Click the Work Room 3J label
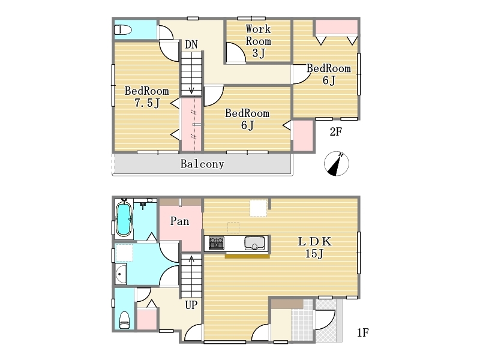[x=259, y=41]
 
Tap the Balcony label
[x=202, y=164]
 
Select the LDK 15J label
[x=314, y=247]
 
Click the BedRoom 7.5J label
[x=147, y=97]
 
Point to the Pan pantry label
[x=179, y=221]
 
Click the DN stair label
[x=191, y=44]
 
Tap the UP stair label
[x=191, y=305]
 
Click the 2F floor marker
[x=335, y=131]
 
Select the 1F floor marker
[x=363, y=332]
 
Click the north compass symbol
[x=337, y=163]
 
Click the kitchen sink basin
[x=254, y=243]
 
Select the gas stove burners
[x=217, y=243]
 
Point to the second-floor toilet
[x=123, y=29]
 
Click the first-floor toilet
[x=124, y=320]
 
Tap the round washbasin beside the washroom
[x=121, y=274]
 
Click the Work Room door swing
[x=236, y=52]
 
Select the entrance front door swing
[x=325, y=320]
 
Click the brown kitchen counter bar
[x=247, y=256]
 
